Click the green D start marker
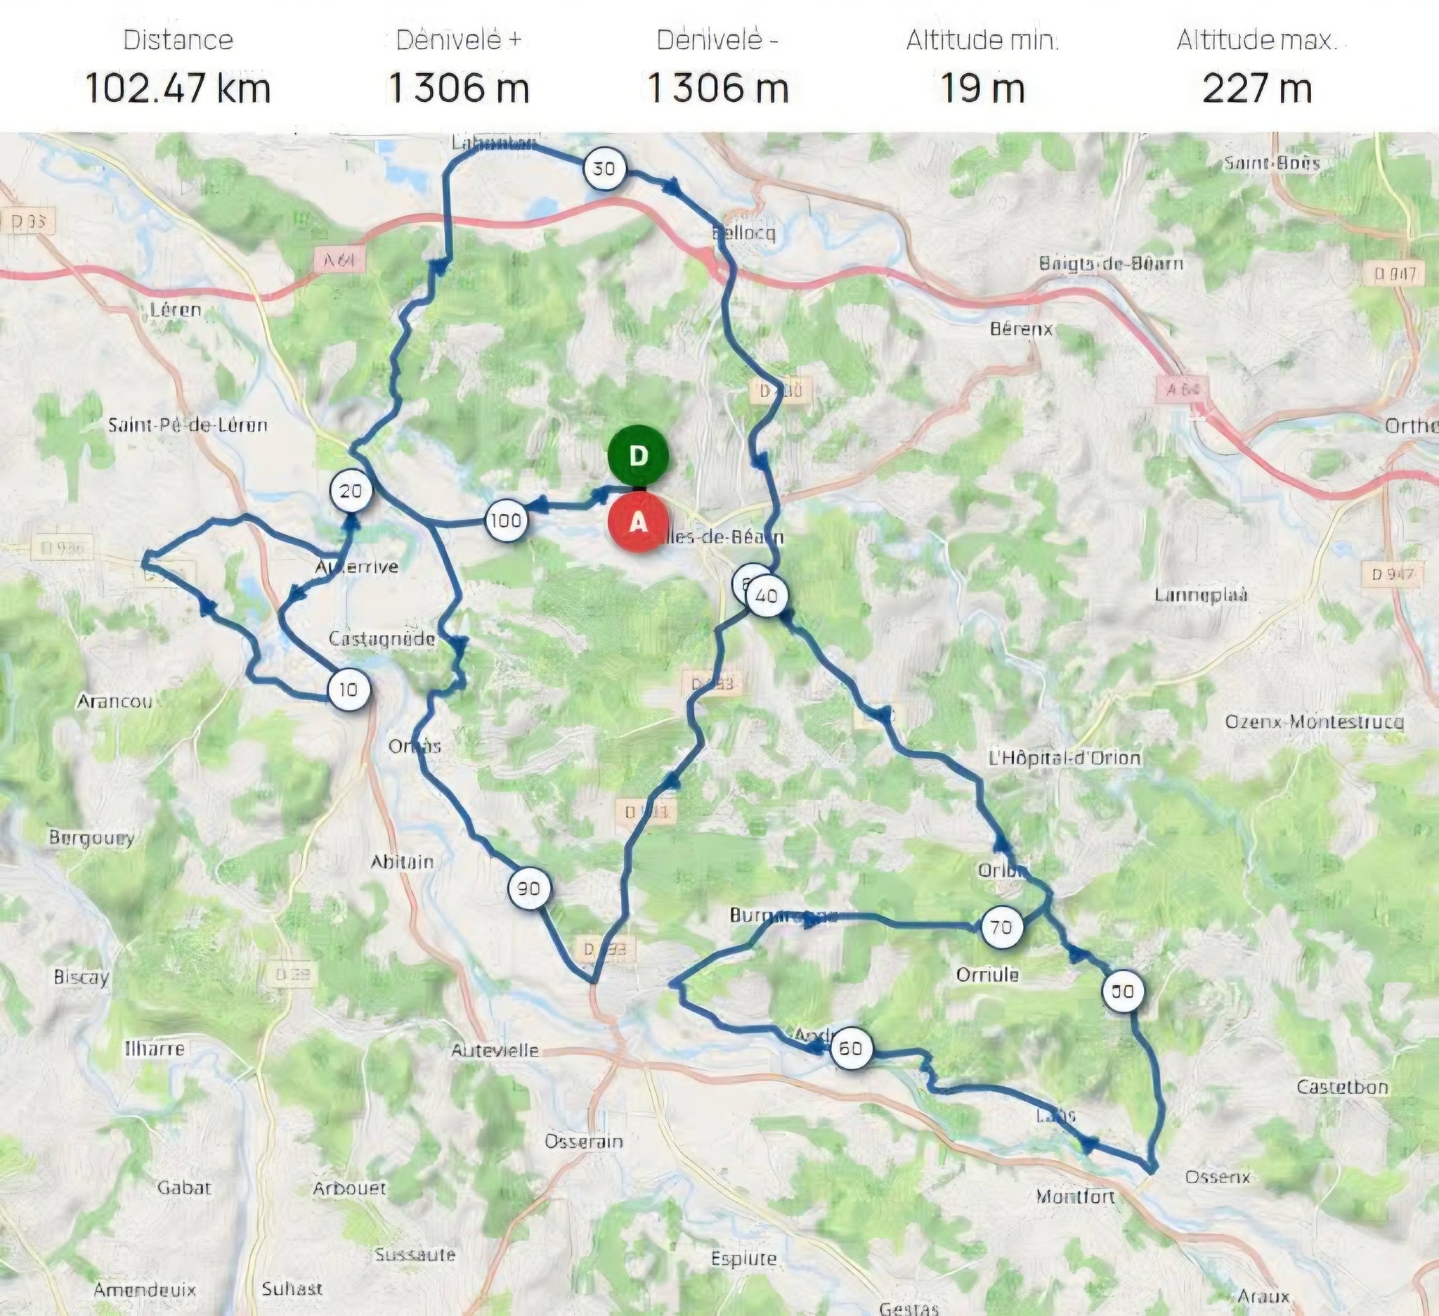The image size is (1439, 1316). (638, 456)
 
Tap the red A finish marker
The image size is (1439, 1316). (638, 523)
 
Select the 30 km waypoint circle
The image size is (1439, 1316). (604, 169)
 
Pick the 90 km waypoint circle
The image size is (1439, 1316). (528, 889)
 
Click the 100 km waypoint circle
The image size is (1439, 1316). (505, 520)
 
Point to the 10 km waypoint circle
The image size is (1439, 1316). (349, 690)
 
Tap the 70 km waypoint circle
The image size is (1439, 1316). (1001, 927)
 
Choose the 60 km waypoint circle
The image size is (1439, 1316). (849, 1048)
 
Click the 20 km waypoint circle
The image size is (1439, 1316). (351, 491)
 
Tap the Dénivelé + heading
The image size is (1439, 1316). (458, 41)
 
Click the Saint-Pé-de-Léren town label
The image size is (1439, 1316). (188, 425)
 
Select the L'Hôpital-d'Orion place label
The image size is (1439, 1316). (1064, 758)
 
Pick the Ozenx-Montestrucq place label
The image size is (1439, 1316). (1314, 722)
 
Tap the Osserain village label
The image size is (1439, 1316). (583, 1142)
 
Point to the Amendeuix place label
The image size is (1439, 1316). (145, 1290)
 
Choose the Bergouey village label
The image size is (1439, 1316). (91, 837)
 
